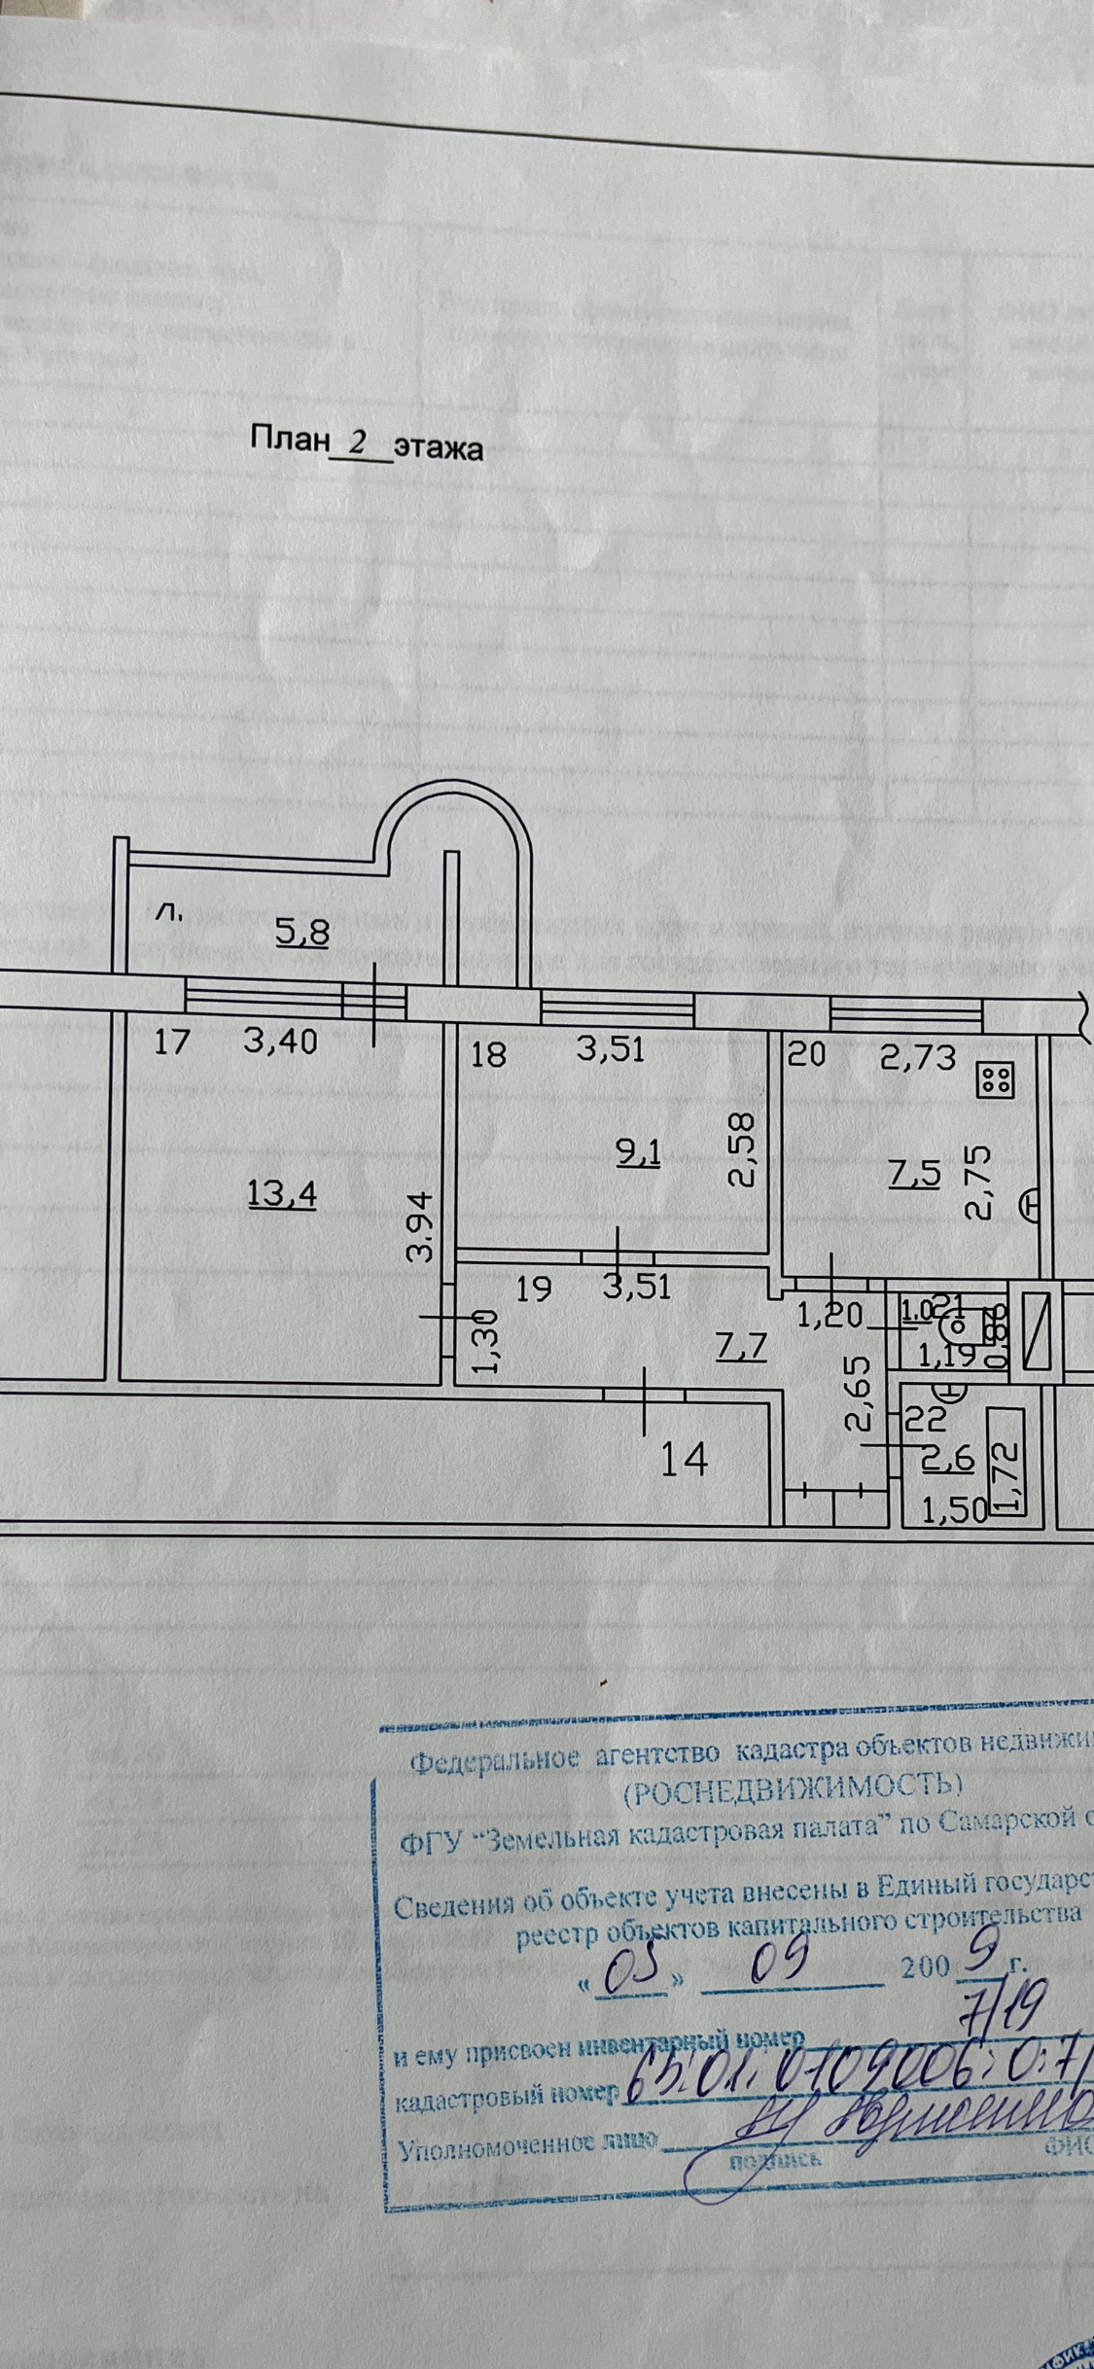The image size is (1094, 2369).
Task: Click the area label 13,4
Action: (283, 1193)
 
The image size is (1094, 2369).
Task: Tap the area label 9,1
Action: (638, 1153)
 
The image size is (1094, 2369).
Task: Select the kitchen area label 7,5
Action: (915, 1175)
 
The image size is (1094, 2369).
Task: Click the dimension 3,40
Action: (281, 1043)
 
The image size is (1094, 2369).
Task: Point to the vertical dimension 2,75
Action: (977, 1180)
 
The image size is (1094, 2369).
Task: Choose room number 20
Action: (805, 1055)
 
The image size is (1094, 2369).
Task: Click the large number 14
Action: (684, 1460)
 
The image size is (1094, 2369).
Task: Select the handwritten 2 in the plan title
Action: (358, 443)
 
